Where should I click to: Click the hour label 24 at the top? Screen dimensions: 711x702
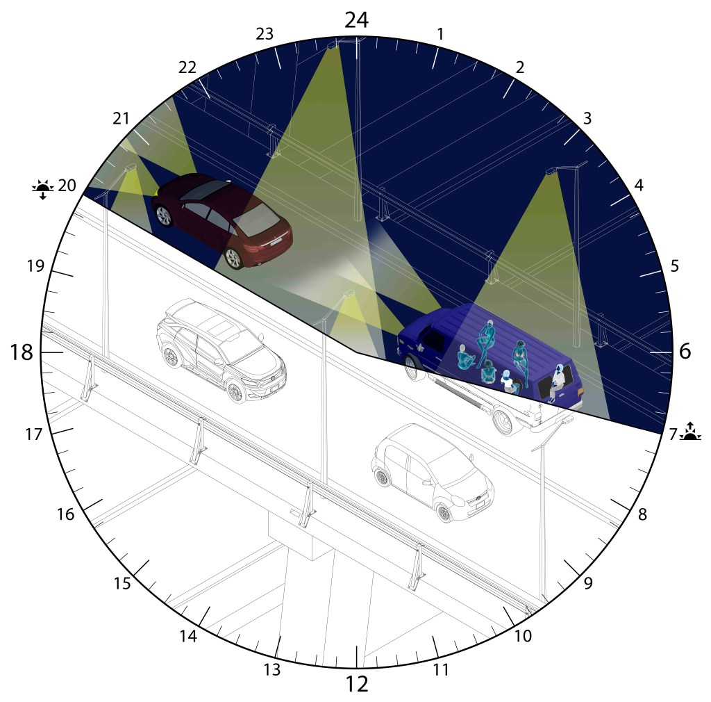357,19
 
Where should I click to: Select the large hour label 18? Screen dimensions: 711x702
22,352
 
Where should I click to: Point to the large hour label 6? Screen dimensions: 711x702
685,351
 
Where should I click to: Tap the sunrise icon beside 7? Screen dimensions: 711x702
690,432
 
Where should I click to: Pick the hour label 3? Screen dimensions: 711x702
587,118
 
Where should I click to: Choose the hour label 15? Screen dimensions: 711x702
122,584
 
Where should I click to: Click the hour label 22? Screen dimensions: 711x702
187,67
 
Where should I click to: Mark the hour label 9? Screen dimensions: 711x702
588,583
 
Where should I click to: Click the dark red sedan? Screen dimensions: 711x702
221,221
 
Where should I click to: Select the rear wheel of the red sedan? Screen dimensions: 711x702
234,258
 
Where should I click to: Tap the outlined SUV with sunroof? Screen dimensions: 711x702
221,351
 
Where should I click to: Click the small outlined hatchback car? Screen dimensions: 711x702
432,472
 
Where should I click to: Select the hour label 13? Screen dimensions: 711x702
272,669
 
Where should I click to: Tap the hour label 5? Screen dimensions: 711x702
674,266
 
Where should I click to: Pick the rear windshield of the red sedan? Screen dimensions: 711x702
257,218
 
